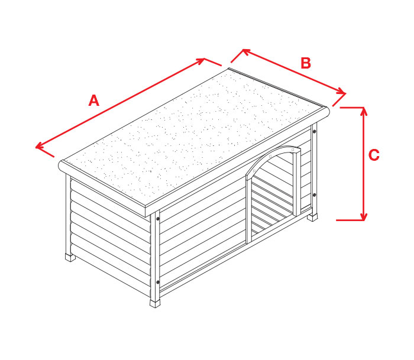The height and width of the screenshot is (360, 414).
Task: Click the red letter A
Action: [93, 100]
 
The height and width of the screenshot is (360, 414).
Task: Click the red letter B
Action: [306, 63]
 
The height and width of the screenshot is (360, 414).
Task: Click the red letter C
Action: [374, 155]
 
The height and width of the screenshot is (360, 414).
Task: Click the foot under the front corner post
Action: [155, 303]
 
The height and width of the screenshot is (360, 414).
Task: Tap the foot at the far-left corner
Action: [70, 257]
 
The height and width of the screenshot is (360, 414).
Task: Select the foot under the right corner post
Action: [312, 218]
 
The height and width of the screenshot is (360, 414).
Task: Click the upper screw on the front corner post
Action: [158, 219]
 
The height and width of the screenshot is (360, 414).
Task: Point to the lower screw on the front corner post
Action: [158, 282]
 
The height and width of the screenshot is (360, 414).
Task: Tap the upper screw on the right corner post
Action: [314, 131]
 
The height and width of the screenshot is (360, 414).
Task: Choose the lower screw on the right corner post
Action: [314, 195]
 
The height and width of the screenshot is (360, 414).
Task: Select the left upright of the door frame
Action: [249, 210]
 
